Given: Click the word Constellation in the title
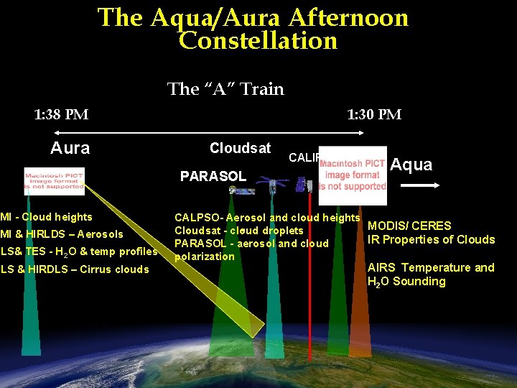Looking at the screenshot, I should [258, 41].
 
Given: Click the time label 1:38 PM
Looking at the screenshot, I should [62, 114].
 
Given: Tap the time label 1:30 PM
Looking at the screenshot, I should [374, 114].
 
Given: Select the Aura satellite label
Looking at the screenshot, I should [70, 149].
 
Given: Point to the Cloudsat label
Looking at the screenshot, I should [240, 148].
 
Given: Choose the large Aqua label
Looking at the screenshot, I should [411, 165].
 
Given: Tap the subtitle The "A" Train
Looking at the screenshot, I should [225, 89].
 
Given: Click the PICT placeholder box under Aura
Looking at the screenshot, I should [54, 181].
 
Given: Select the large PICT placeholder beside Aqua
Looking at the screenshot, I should [353, 175].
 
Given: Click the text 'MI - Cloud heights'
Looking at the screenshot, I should [47, 217].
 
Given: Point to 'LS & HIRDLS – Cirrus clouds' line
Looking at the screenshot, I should [75, 269].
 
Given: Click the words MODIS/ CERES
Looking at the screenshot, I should [409, 226].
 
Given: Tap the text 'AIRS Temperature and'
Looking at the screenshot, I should [431, 267].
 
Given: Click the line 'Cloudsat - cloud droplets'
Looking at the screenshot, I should [239, 231].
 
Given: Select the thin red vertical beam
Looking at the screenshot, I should [309, 287].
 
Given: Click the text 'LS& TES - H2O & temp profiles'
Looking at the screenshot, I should [79, 251].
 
